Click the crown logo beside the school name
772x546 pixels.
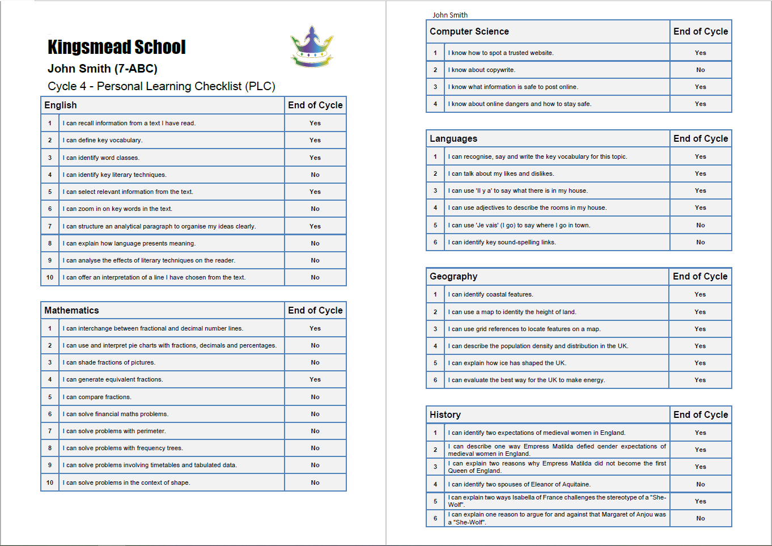[312, 47]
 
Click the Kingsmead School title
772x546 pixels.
[117, 47]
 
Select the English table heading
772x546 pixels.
[61, 105]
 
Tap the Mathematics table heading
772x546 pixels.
[71, 311]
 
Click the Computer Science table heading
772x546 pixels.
[469, 32]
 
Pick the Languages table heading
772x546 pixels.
[453, 139]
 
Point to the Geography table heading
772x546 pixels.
[453, 277]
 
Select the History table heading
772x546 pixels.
[445, 415]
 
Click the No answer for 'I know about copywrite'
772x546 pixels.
[701, 70]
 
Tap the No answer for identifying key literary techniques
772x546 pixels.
[315, 175]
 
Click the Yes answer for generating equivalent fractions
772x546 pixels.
[315, 380]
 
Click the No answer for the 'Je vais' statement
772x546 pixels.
[701, 226]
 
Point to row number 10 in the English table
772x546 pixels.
[50, 278]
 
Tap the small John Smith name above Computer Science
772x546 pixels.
[450, 15]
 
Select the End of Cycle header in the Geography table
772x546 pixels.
[700, 277]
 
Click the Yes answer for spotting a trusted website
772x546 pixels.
[701, 53]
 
